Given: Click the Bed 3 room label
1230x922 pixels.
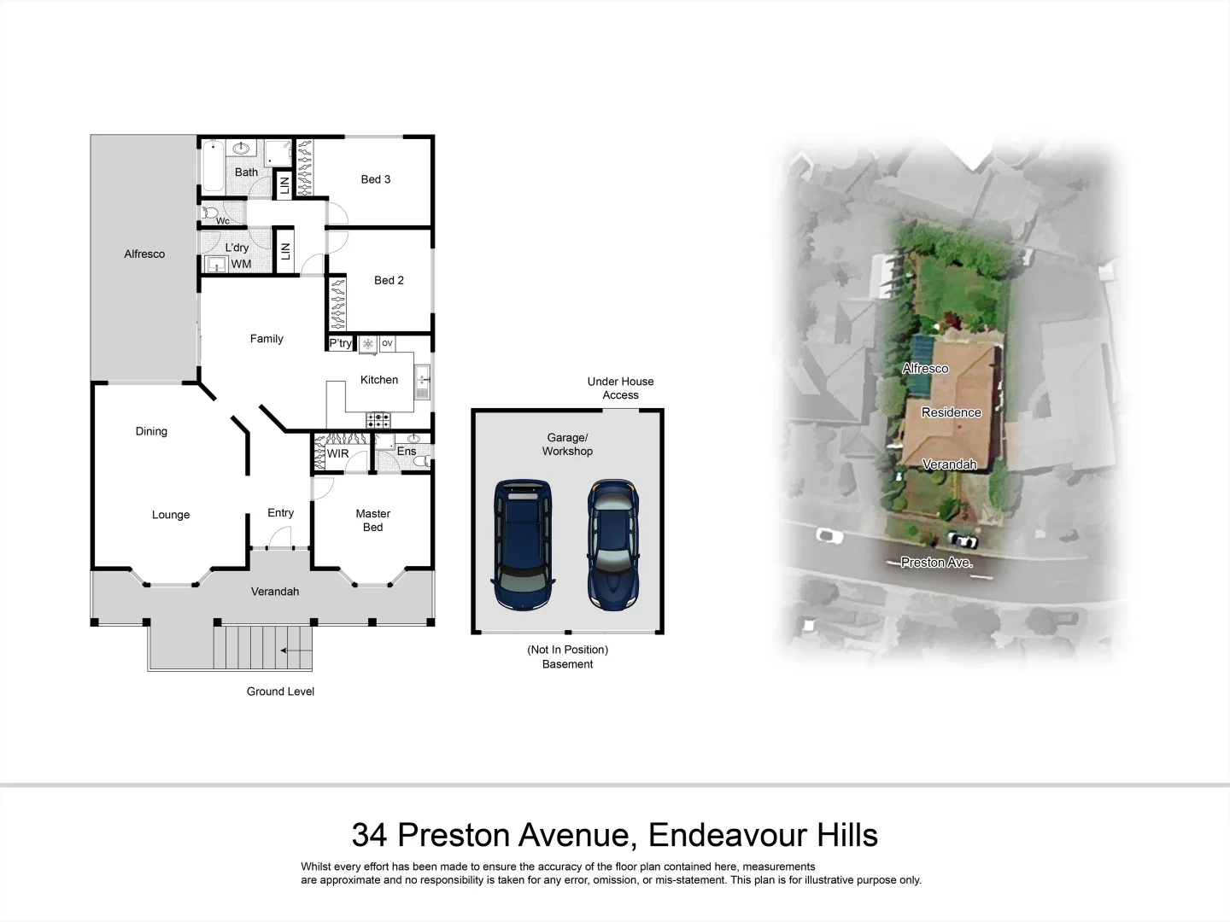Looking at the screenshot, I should pos(375,179).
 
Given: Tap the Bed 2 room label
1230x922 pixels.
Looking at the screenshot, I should pos(389,280).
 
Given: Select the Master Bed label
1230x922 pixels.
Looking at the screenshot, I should pos(372,520).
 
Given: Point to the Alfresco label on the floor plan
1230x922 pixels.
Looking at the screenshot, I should pos(144,254).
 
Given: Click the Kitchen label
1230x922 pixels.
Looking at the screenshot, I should pos(379,380).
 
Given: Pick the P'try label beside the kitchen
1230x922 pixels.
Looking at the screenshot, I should pos(340,343).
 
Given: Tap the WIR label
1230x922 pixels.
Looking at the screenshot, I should pos(337,453).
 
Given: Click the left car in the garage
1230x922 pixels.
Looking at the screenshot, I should pos(523,544).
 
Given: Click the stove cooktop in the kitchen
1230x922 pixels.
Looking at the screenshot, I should pos(378,420).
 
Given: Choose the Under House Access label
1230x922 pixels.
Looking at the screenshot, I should pos(620,388).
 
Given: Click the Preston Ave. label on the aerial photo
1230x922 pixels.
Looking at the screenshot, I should pos(937,563).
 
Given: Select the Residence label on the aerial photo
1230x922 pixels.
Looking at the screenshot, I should pos(951,412).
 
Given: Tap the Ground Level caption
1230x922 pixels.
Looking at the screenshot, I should pos(280,691).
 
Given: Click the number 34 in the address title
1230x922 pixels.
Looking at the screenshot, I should pos(369,834).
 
